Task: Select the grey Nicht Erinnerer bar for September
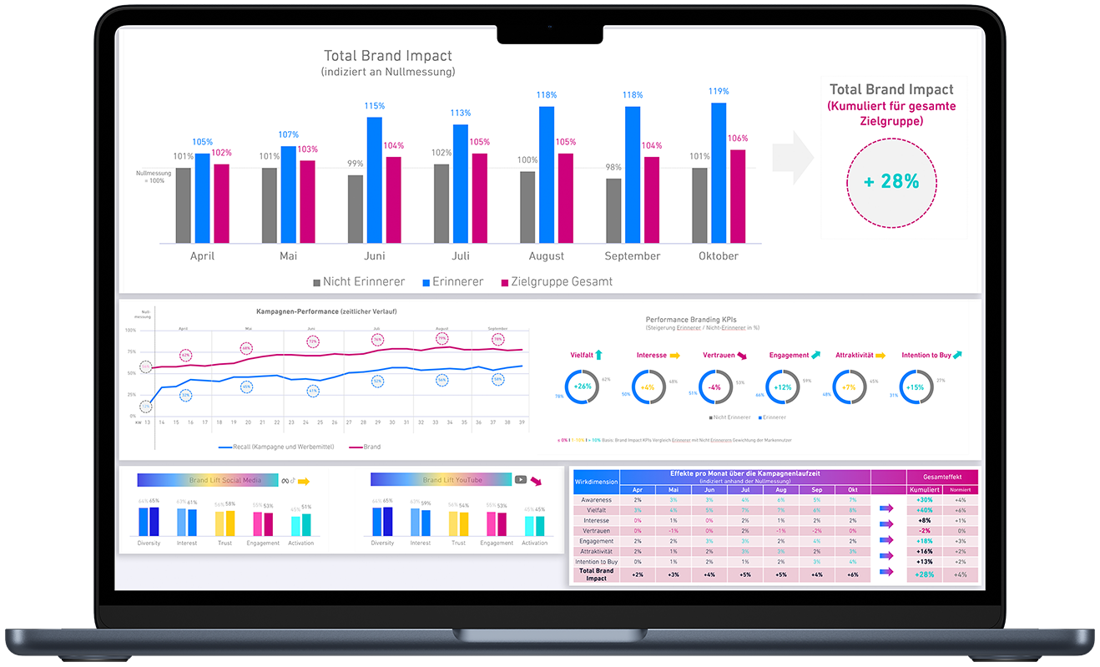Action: click(x=613, y=210)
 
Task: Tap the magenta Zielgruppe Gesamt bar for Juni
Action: click(x=393, y=200)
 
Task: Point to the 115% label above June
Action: click(x=375, y=106)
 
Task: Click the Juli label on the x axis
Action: click(x=460, y=256)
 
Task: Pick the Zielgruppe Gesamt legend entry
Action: click(x=556, y=282)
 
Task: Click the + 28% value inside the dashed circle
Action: click(x=891, y=181)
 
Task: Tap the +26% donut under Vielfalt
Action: click(x=582, y=387)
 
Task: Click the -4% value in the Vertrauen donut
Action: click(x=714, y=387)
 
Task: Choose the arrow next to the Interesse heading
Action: click(x=675, y=356)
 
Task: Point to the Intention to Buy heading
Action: click(x=926, y=356)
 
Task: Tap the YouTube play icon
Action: click(x=520, y=480)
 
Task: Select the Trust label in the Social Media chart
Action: click(x=225, y=543)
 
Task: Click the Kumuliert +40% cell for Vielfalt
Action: click(x=925, y=510)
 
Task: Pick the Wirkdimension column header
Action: click(x=597, y=482)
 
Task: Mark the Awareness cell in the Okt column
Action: click(x=852, y=500)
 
